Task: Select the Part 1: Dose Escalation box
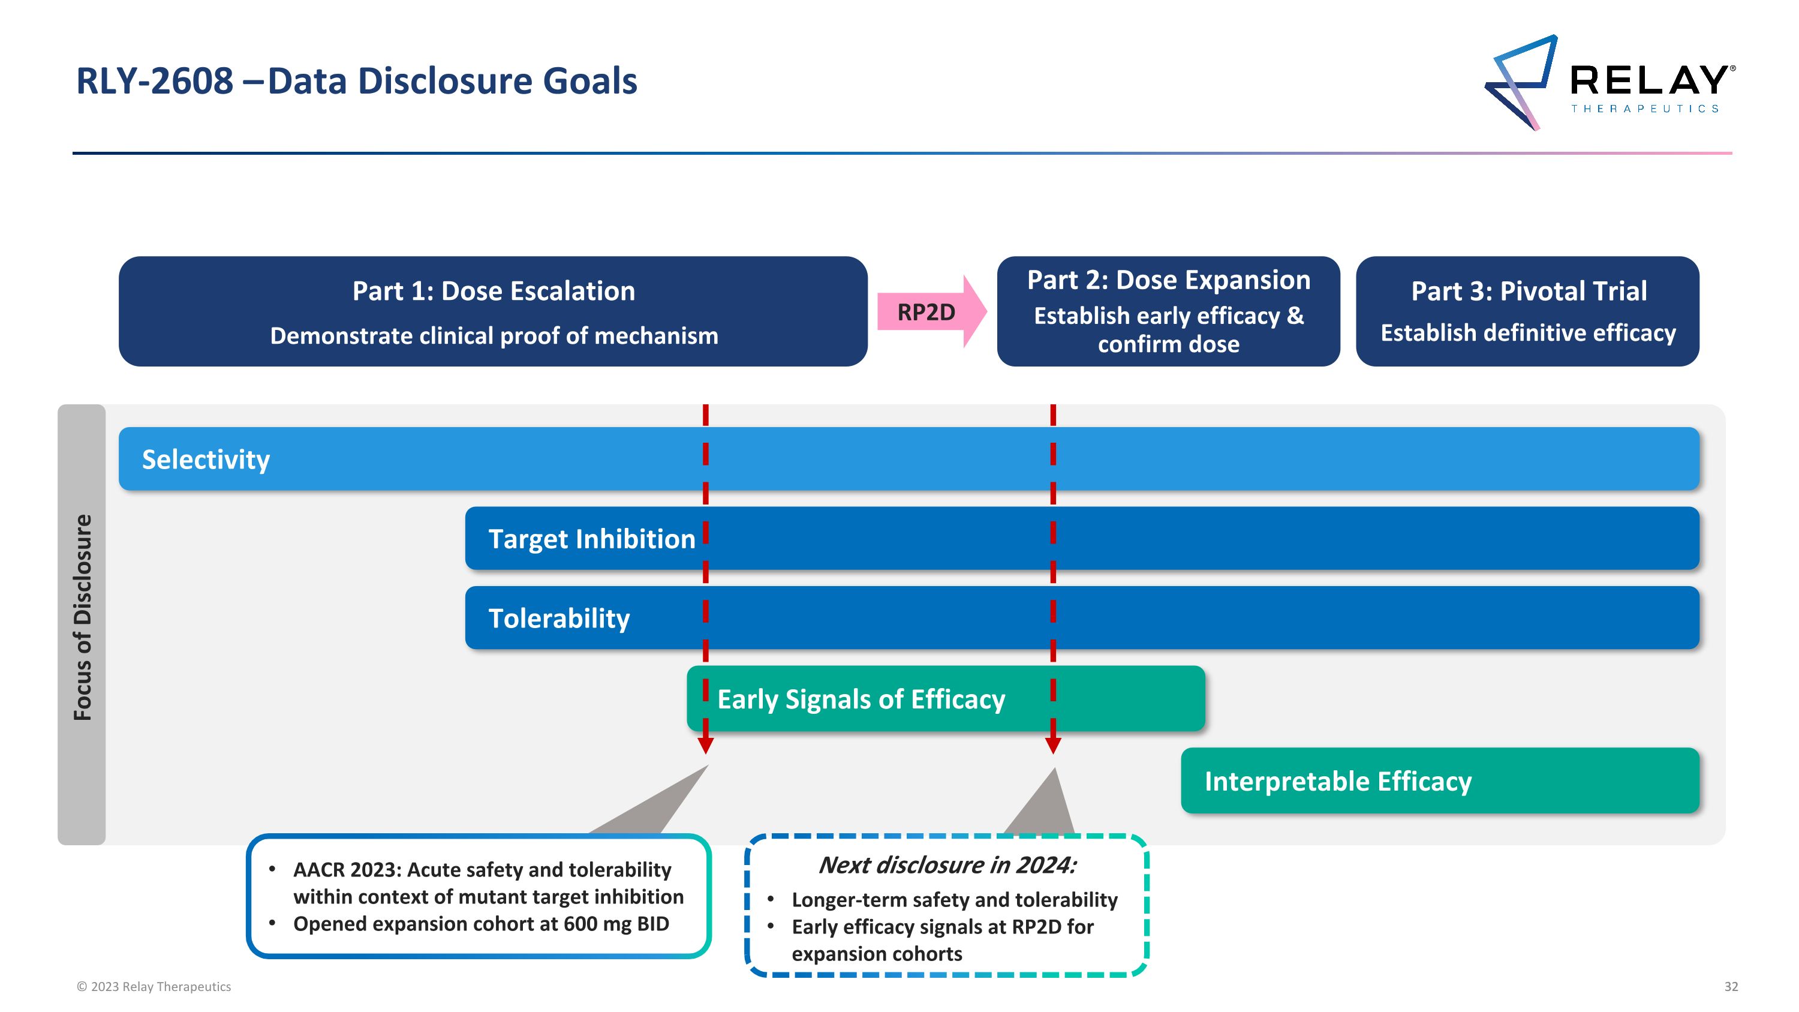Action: pyautogui.click(x=493, y=311)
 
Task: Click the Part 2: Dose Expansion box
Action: pyautogui.click(x=1168, y=311)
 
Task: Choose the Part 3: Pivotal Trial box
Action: pyautogui.click(x=1527, y=311)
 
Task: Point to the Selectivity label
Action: pyautogui.click(x=206, y=460)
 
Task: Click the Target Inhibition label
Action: pyautogui.click(x=591, y=539)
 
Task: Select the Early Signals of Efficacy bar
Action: pyautogui.click(x=945, y=699)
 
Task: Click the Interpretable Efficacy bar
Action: pyautogui.click(x=1439, y=781)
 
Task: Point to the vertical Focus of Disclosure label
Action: pyautogui.click(x=82, y=617)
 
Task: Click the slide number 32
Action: pyautogui.click(x=1731, y=987)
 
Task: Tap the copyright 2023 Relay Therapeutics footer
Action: pyautogui.click(x=154, y=987)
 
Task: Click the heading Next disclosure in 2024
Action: pyautogui.click(x=946, y=866)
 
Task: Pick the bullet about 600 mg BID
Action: pyautogui.click(x=481, y=924)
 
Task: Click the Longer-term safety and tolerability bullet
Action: pyautogui.click(x=954, y=900)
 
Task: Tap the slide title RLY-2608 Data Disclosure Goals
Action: pyautogui.click(x=356, y=81)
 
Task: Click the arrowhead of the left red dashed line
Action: pyautogui.click(x=705, y=745)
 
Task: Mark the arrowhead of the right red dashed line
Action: pyautogui.click(x=1053, y=745)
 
